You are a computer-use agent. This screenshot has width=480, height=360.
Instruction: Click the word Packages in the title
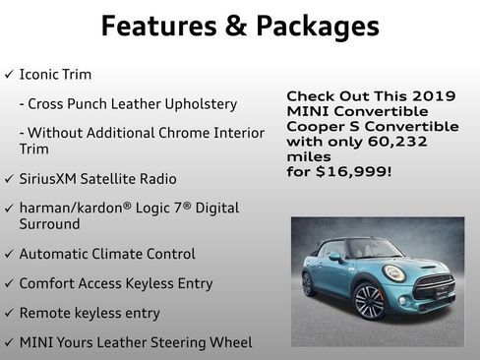[x=314, y=27]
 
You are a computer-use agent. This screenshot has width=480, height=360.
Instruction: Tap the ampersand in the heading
[x=233, y=26]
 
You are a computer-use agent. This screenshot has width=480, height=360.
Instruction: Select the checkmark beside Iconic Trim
[x=9, y=75]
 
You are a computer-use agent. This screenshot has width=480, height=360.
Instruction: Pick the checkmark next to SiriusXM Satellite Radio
[x=9, y=179]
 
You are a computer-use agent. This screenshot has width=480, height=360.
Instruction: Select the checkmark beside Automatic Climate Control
[x=9, y=254]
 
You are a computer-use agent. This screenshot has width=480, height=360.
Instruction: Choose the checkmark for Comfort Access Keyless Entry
[x=9, y=283]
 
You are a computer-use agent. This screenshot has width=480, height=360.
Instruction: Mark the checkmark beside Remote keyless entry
[x=9, y=313]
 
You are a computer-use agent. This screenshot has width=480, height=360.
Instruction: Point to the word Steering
[x=178, y=342]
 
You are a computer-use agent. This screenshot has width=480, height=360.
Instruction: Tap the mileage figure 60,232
[x=400, y=141]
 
